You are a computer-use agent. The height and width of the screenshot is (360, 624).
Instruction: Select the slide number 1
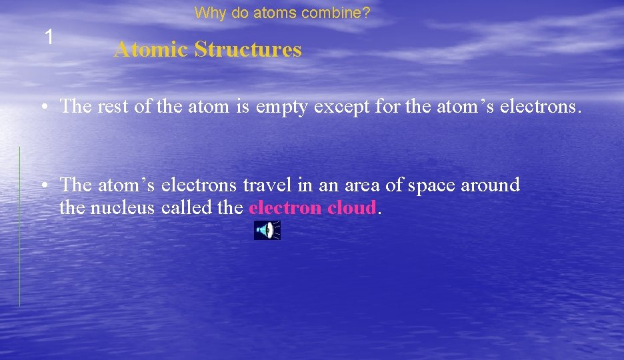click(x=49, y=37)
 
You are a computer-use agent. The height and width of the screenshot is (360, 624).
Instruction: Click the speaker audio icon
click(x=267, y=230)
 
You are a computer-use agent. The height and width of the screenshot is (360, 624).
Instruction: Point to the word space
click(x=431, y=185)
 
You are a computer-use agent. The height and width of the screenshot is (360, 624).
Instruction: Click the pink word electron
click(x=285, y=208)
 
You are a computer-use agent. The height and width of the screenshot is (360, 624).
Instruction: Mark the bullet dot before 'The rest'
click(x=42, y=107)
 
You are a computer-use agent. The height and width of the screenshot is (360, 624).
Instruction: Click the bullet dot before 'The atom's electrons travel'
click(x=42, y=185)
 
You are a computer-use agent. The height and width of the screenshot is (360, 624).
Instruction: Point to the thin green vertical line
click(x=19, y=227)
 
